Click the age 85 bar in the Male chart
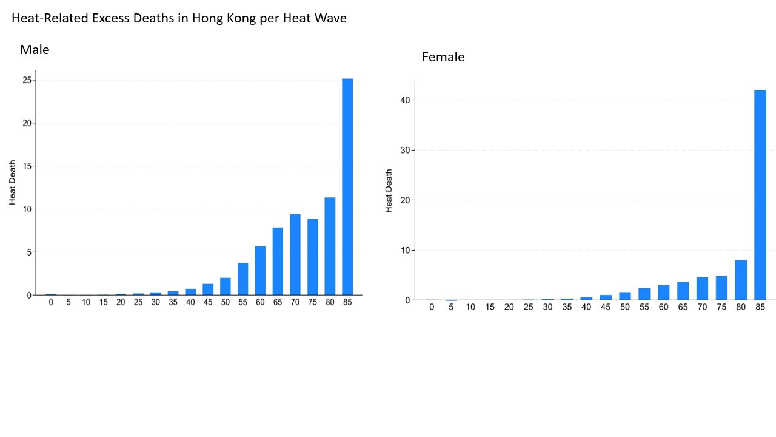[x=347, y=187]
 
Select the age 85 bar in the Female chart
[x=760, y=195]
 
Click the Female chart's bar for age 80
[x=741, y=280]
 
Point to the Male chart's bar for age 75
[x=313, y=257]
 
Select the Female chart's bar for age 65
[x=683, y=291]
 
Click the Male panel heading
[x=35, y=50]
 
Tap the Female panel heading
[x=443, y=57]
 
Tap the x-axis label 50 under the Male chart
[x=226, y=302]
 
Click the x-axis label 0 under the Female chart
[x=432, y=307]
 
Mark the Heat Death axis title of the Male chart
[x=13, y=183]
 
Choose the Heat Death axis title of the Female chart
[x=389, y=191]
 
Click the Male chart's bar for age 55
[x=242, y=279]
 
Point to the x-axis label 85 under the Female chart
[x=760, y=307]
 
